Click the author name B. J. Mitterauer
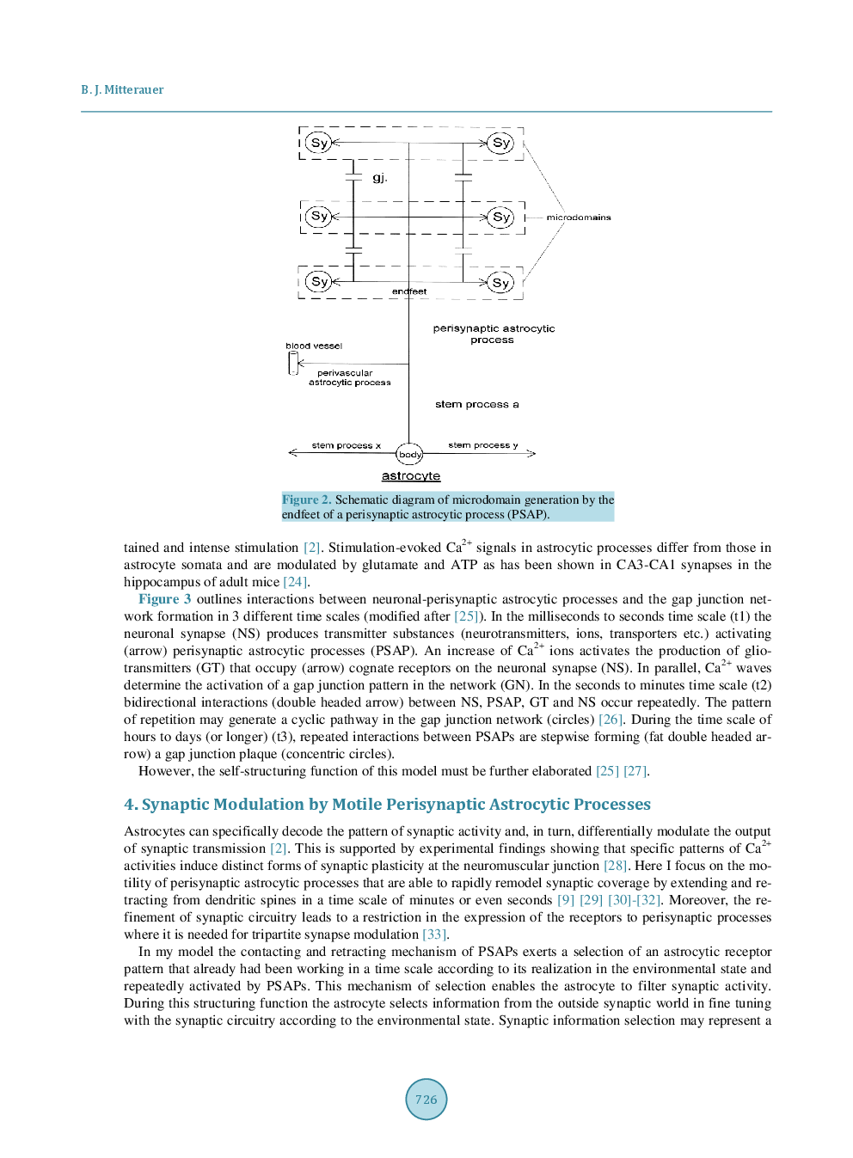pos(122,89)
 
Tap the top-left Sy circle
pos(319,143)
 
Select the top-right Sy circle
pos(500,143)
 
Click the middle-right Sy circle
pos(500,217)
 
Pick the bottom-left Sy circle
pos(319,281)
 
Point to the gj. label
pos(379,178)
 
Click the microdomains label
pos(578,218)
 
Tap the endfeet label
pos(409,291)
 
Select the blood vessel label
pos(314,346)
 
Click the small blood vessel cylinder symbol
pos(293,364)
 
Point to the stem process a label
pos(476,404)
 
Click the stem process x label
pos(346,445)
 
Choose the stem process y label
pos(482,445)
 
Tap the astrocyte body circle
pos(410,454)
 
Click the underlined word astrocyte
pos(410,476)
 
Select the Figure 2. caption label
pos(306,499)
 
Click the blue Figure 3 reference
pos(164,599)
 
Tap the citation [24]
pos(294,582)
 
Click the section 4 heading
pos(387,804)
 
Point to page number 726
pos(426,1099)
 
